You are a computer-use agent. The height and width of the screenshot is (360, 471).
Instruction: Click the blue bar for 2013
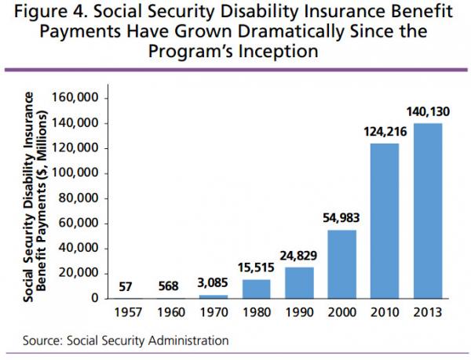coord(428,210)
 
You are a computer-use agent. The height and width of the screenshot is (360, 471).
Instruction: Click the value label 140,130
coord(428,114)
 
